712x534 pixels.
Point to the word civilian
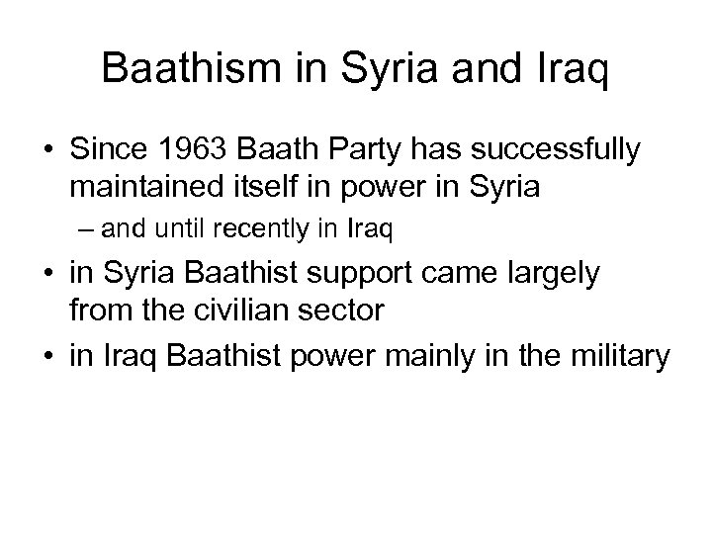coord(234,311)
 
